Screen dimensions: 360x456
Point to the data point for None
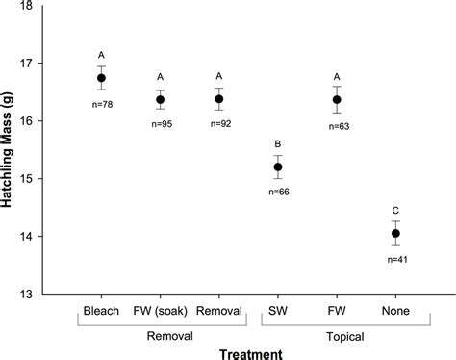coord(395,233)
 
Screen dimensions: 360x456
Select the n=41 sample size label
coord(395,260)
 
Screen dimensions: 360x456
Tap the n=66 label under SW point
coord(278,193)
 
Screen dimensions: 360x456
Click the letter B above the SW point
coord(278,139)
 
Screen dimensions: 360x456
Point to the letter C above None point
coord(395,209)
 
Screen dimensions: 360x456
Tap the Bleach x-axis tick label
coord(101,311)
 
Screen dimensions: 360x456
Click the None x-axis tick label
coord(395,311)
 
